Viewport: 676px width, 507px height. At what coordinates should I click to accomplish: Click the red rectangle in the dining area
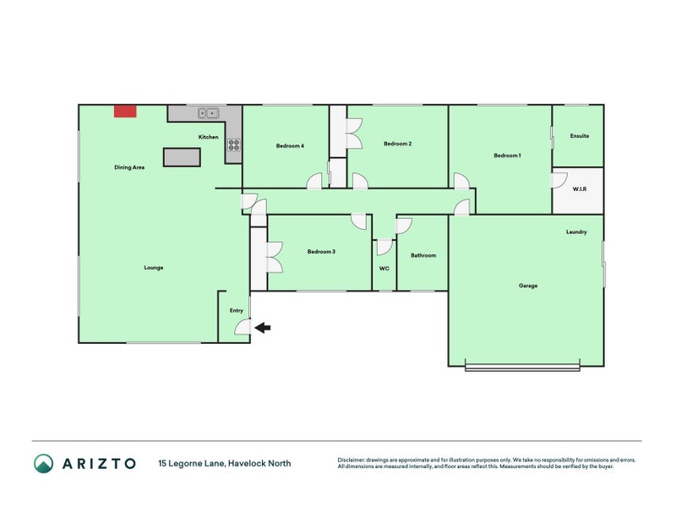(125, 112)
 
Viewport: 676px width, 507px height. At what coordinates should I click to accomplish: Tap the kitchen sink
(209, 113)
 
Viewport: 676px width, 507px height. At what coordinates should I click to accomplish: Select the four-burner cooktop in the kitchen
(234, 144)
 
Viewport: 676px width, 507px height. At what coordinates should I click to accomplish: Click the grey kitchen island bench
(182, 157)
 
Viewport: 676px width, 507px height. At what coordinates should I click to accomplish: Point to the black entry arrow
(263, 328)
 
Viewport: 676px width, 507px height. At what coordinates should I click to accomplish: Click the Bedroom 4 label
(290, 145)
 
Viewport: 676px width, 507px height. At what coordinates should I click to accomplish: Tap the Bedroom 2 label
(397, 144)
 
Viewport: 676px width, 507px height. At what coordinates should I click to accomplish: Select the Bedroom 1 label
(508, 155)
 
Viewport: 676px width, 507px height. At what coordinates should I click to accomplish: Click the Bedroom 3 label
(321, 251)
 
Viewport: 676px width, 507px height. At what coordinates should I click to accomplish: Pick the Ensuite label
(580, 136)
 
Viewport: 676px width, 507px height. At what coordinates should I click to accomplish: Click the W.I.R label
(580, 188)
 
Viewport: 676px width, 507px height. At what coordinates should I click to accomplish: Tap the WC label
(384, 268)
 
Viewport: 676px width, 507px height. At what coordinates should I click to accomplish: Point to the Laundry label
(576, 232)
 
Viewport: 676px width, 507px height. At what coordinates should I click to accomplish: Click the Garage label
(528, 286)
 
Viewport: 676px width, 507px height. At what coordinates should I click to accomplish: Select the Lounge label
(154, 268)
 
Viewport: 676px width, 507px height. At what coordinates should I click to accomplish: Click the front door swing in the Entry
(243, 327)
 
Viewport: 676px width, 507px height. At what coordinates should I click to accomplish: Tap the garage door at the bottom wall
(522, 368)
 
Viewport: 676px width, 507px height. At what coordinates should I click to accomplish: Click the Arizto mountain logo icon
(44, 463)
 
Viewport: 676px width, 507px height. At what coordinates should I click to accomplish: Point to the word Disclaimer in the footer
(351, 460)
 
